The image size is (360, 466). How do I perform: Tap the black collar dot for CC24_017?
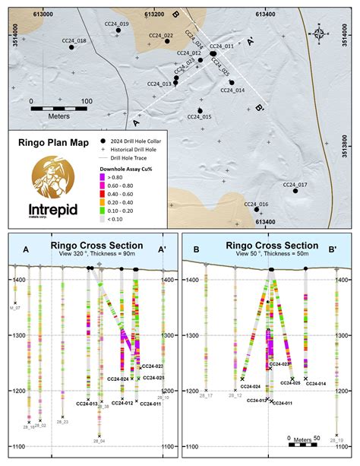pos(295,191)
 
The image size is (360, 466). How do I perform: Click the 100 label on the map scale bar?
pos(85,100)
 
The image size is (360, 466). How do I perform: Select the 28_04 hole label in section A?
pos(99,440)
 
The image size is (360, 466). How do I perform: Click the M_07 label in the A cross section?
pos(14,307)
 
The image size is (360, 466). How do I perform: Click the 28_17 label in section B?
pos(205,396)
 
